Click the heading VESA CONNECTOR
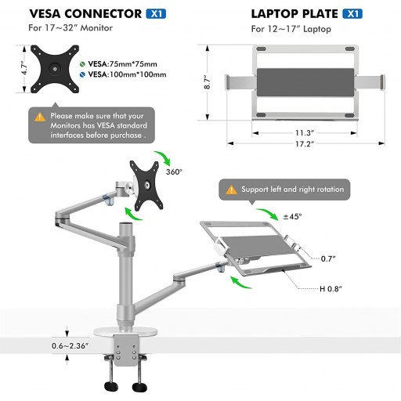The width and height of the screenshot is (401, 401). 80,13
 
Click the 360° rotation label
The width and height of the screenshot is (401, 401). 175,171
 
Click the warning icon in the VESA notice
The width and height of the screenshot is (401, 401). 40,117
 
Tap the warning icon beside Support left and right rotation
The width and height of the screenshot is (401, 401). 231,190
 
